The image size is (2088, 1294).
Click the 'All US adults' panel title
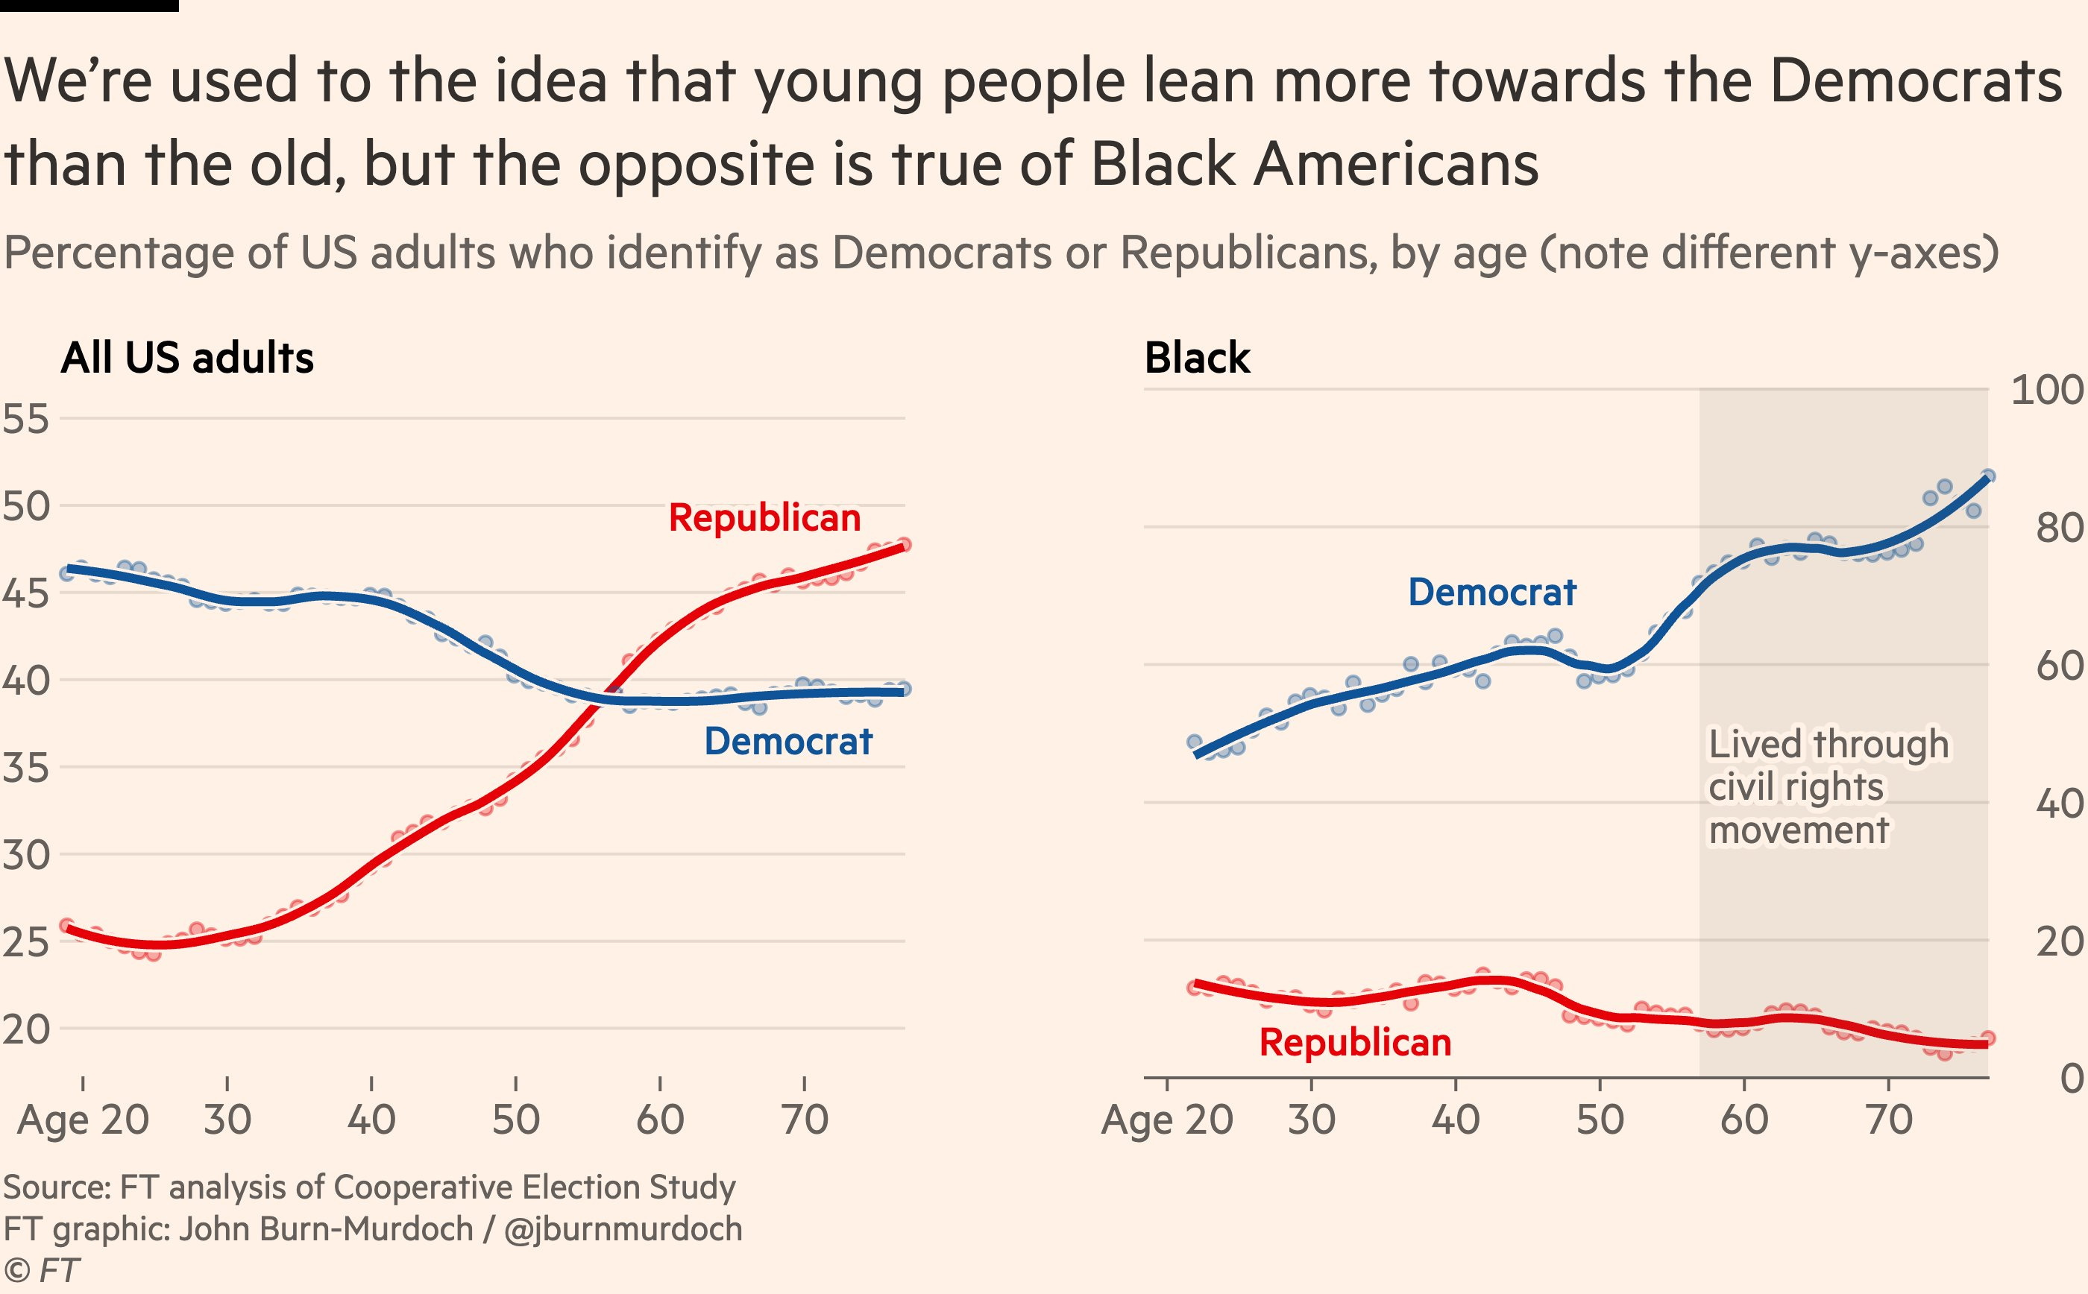click(x=186, y=358)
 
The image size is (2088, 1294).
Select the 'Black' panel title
click(x=1197, y=358)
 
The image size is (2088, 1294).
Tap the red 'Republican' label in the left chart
click(x=764, y=518)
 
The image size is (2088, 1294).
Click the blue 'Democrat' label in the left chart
click(x=787, y=741)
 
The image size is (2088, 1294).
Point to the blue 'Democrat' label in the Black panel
click(x=1491, y=593)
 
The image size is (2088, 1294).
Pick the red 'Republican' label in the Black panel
click(x=1354, y=1042)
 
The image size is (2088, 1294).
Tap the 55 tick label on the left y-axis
click(x=25, y=420)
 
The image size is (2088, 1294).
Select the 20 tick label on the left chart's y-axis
click(x=25, y=1029)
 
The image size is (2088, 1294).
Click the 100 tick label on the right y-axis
click(x=2046, y=391)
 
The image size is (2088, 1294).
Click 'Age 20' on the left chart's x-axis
click(x=83, y=1120)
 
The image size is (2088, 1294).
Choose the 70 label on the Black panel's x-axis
click(x=1887, y=1120)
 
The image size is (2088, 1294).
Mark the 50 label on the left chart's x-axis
click(x=515, y=1120)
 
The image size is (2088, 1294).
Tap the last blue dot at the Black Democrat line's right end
click(x=1988, y=476)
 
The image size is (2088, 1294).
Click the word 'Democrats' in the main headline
click(x=1915, y=81)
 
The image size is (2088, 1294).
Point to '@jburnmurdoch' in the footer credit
click(x=623, y=1229)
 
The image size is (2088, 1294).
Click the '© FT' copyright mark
click(x=41, y=1270)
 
